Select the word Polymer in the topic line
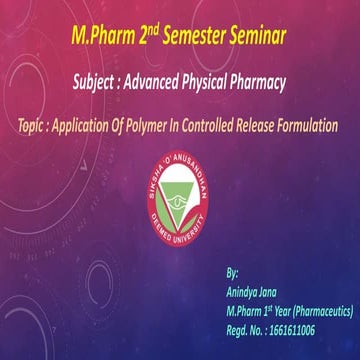[146, 127]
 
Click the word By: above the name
[233, 272]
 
